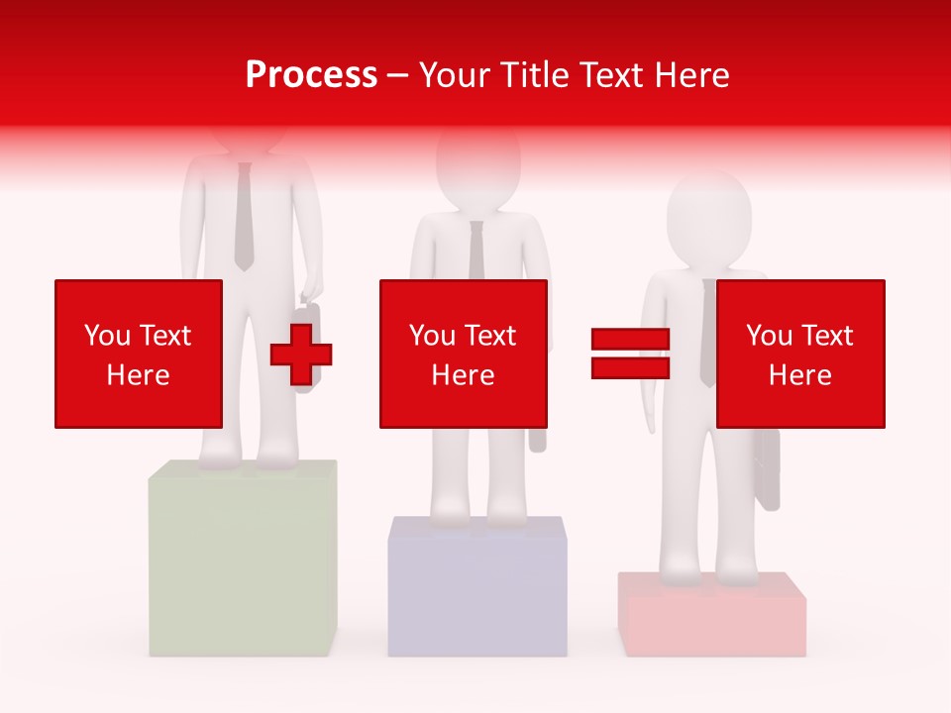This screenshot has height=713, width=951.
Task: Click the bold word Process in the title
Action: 311,75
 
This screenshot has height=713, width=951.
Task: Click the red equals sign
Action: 630,354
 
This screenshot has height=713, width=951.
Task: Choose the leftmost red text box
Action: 139,354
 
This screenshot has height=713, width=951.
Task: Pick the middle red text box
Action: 464,354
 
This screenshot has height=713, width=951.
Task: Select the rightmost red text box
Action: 800,354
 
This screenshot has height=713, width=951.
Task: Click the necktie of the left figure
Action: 244,218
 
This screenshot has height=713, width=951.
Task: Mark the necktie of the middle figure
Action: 476,249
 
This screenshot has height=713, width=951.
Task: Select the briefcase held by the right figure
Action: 767,470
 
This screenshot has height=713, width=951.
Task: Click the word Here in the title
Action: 694,75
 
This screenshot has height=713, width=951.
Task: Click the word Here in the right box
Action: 800,374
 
